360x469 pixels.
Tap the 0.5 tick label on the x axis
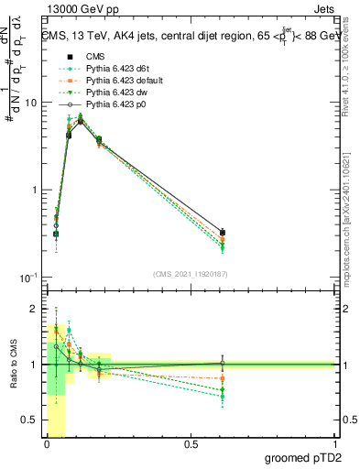(x=191, y=444)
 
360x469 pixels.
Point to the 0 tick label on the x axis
(x=47, y=444)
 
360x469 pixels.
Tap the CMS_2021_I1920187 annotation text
(x=191, y=273)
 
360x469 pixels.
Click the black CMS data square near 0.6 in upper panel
(x=223, y=233)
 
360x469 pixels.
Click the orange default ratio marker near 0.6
(x=223, y=378)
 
